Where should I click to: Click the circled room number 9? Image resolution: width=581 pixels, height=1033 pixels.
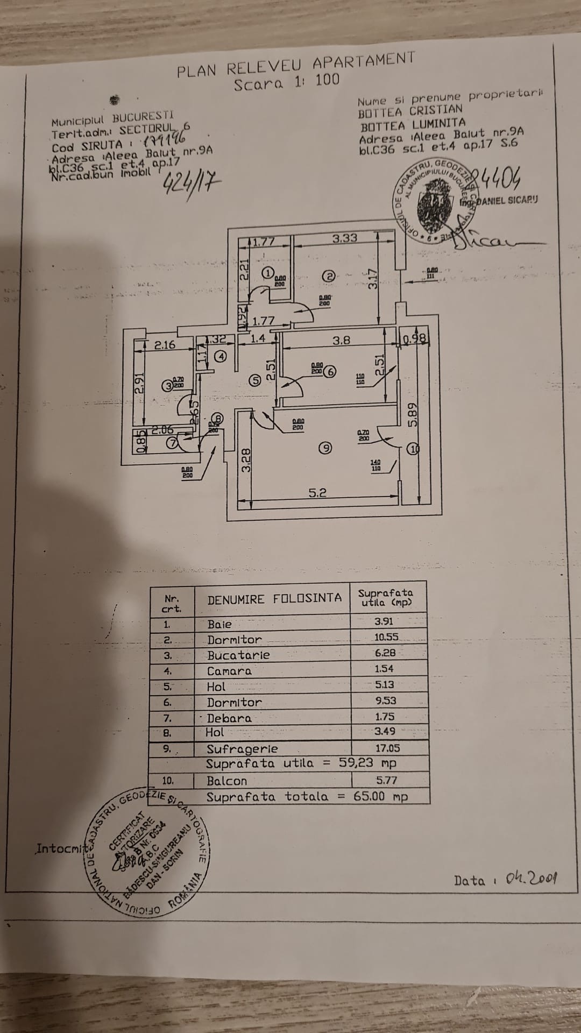(x=324, y=447)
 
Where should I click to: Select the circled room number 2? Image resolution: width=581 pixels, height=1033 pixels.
(x=329, y=276)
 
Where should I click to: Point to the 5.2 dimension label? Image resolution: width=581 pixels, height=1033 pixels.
(x=317, y=492)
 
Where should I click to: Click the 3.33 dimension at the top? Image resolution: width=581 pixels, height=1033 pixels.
(x=344, y=238)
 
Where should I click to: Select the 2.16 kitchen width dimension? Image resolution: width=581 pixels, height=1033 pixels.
(x=165, y=345)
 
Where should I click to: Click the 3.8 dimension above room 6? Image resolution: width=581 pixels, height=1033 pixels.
(x=341, y=340)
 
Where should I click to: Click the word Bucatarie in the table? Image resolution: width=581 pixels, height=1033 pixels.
(x=238, y=655)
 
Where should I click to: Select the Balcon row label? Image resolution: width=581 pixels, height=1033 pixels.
(x=226, y=781)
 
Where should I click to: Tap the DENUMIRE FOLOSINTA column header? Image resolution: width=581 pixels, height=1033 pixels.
(x=274, y=598)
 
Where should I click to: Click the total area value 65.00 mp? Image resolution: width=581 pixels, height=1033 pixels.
(x=380, y=796)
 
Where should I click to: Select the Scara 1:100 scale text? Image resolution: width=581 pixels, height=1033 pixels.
(x=287, y=82)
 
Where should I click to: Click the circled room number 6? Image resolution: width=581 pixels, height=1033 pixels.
(x=330, y=371)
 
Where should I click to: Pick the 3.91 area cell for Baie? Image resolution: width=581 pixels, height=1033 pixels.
(x=384, y=621)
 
